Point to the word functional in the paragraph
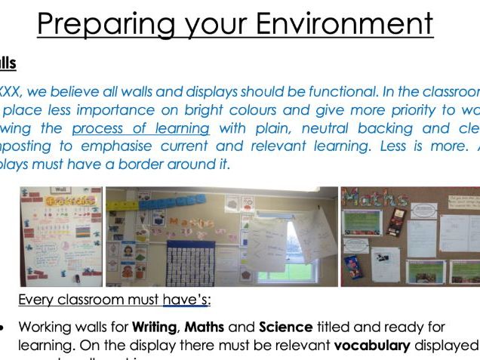point(301,93)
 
